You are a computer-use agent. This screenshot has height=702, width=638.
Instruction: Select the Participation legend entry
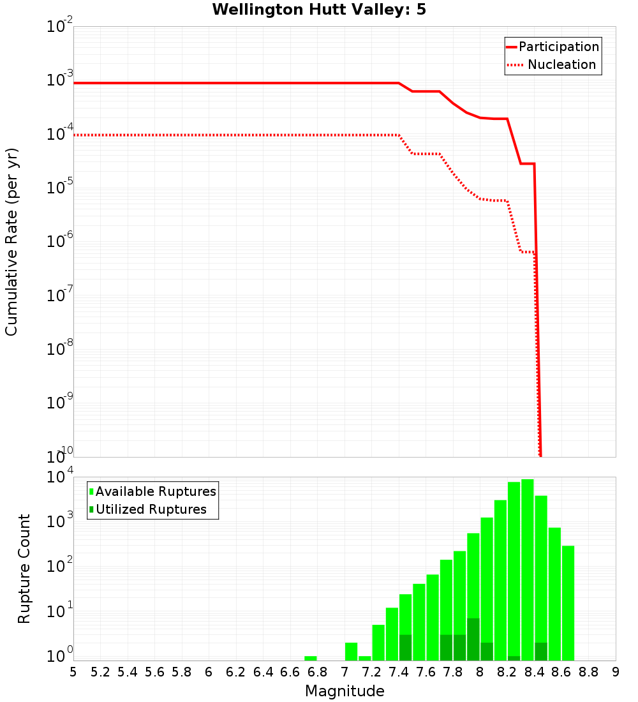coord(558,47)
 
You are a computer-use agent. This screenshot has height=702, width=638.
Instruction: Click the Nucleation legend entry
coord(561,64)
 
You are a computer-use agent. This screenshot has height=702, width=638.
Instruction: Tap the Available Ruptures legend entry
coord(155,491)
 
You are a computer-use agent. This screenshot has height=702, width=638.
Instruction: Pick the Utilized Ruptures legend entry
coord(151,509)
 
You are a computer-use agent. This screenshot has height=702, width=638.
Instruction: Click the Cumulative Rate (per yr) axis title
coord(11,242)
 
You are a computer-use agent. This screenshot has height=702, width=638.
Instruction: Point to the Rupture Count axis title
coord(24,569)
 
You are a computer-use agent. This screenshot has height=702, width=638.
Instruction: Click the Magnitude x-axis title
coord(345,691)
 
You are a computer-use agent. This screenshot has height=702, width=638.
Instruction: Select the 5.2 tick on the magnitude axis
coord(100,672)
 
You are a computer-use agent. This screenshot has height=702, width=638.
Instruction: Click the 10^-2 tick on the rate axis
coord(60,27)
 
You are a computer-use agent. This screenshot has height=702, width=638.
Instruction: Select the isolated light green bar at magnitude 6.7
coord(311,658)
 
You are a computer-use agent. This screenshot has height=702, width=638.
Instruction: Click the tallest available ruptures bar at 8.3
coord(528,568)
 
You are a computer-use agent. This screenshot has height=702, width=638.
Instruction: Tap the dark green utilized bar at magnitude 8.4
coord(541,652)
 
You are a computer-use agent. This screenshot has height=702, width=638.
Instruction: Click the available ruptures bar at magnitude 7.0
coord(352,652)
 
